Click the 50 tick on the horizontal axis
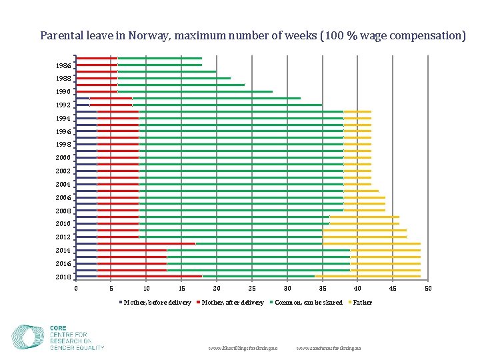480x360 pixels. click(428, 288)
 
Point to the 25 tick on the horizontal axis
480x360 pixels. click(252, 288)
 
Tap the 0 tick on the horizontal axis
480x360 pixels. click(76, 288)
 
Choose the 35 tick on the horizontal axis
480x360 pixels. click(323, 288)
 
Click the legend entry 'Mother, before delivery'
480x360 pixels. click(157, 303)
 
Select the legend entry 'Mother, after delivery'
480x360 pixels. click(233, 303)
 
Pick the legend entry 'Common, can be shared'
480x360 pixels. click(308, 303)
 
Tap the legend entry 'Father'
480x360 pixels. click(362, 303)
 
